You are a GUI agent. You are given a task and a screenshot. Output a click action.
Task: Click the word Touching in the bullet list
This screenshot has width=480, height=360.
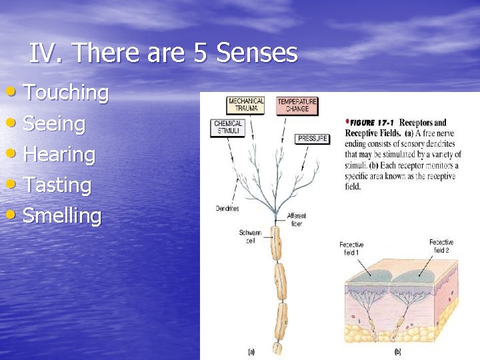pos(65,93)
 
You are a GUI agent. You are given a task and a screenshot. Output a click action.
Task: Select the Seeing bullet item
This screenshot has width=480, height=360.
pos(54,124)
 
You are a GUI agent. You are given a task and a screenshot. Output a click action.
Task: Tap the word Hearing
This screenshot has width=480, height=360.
pos(59,155)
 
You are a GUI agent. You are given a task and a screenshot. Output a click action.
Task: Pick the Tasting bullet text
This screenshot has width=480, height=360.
pos(57,185)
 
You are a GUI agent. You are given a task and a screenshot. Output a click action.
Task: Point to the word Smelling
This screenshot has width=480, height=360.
pos(62,216)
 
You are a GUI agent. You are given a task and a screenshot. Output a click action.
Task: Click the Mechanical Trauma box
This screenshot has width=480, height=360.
pos(246,105)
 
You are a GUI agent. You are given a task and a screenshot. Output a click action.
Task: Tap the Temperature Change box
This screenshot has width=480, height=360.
pos(297,105)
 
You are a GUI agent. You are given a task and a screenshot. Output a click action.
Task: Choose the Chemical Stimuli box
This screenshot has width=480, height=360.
pos(229,127)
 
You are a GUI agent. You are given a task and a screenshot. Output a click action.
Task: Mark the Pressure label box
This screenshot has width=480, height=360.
pos(312,139)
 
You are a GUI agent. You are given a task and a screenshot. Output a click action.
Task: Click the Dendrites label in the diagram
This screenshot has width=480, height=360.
pos(227,209)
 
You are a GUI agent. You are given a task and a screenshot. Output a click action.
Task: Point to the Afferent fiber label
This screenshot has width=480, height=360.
pos(297,219)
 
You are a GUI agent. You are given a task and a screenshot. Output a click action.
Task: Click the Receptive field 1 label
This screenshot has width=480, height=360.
pos(351,248)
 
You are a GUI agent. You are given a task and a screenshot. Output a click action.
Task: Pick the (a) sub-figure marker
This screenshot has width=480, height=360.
pos(251,351)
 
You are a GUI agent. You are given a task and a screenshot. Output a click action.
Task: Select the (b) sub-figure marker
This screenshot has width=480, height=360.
pos(398,351)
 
